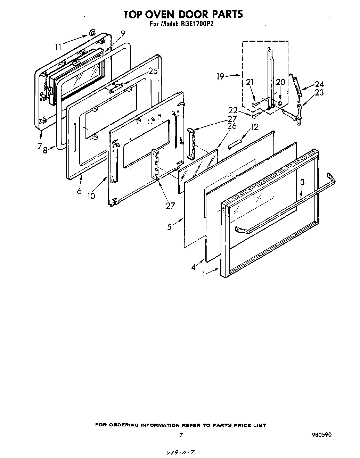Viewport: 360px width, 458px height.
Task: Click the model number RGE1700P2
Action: coord(192,24)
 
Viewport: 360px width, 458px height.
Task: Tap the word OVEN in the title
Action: coord(160,14)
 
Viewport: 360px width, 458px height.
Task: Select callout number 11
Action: coord(58,46)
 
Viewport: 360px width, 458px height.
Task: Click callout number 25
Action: coord(153,71)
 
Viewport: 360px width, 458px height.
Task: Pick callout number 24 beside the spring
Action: coord(319,84)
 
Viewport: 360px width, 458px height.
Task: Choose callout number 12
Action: coord(254,127)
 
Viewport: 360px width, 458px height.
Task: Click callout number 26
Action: coord(232,126)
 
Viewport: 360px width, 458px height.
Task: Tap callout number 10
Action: coord(91,196)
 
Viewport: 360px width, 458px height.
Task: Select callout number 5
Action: coord(170,227)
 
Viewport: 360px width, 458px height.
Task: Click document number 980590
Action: coord(321,434)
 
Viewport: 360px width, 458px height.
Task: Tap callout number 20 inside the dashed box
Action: coord(280,82)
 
